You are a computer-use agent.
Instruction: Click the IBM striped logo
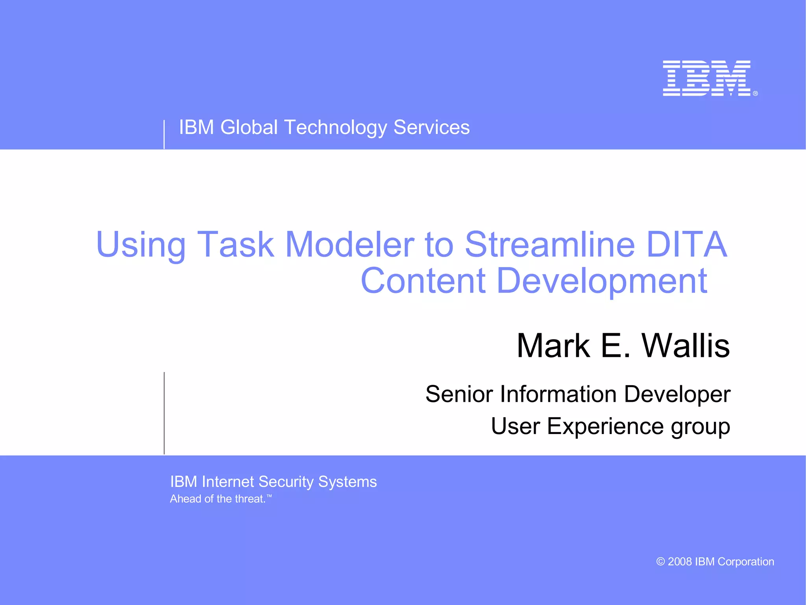click(x=707, y=78)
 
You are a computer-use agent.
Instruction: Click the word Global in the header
click(x=249, y=128)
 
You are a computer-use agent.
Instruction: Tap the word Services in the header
click(x=431, y=128)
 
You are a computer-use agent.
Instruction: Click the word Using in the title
click(x=140, y=245)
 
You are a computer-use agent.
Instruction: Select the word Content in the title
click(x=423, y=280)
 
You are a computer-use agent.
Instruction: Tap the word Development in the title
click(x=602, y=281)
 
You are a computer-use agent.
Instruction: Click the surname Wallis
click(x=686, y=345)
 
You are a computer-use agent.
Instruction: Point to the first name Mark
click(x=553, y=345)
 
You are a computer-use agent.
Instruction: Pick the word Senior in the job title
click(x=459, y=394)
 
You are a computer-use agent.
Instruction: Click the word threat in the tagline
click(x=250, y=499)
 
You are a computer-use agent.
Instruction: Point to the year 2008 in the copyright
click(x=680, y=562)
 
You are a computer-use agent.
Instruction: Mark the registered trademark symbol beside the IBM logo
click(x=755, y=93)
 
